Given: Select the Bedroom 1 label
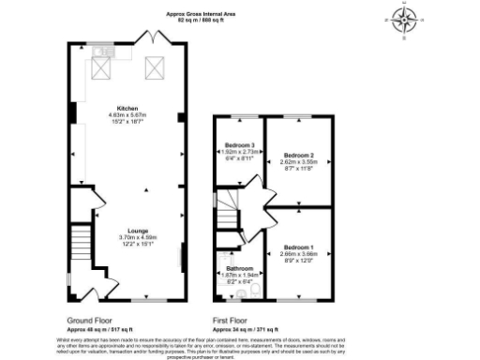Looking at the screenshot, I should coord(299,247).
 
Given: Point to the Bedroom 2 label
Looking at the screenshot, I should coord(299,154).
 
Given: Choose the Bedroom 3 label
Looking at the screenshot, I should coord(240,146).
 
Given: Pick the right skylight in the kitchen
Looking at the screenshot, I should coord(152,68).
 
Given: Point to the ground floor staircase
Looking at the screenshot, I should coord(82,250).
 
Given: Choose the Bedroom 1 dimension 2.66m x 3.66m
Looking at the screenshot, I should coord(299,254).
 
